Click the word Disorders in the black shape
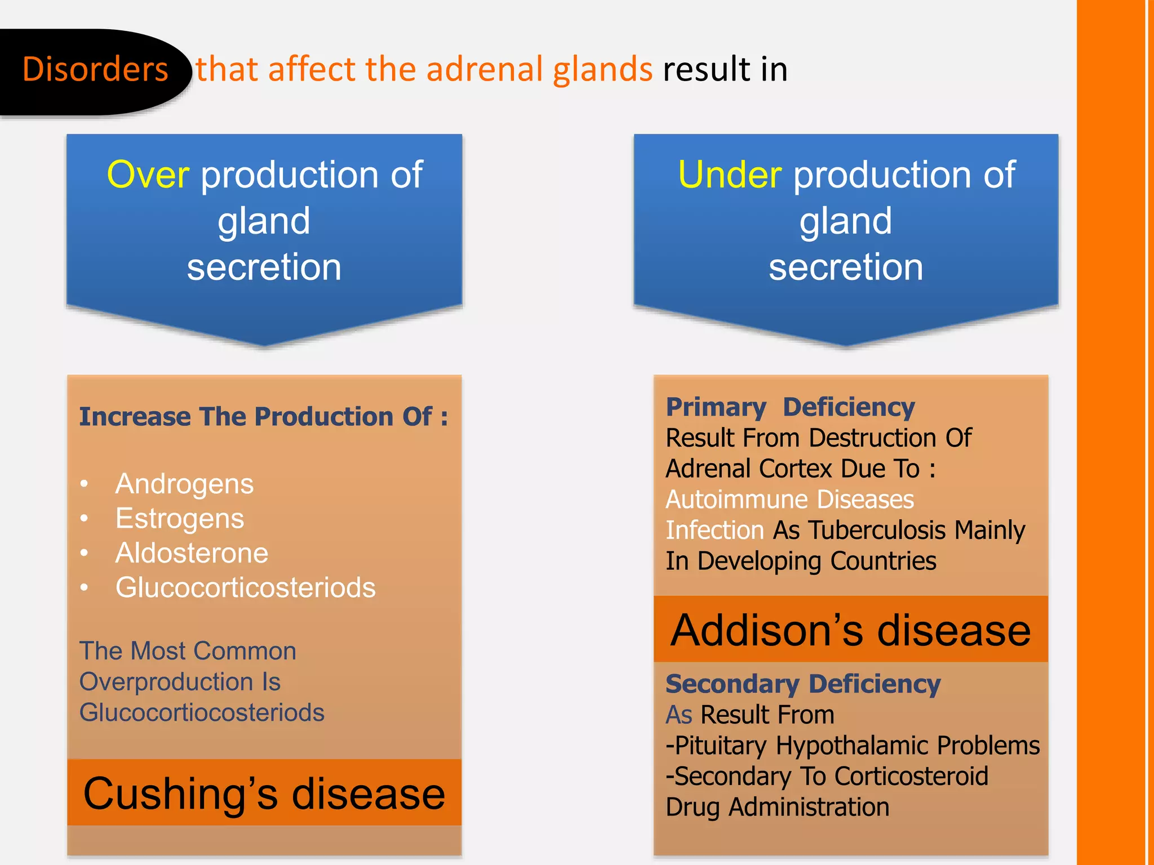[95, 69]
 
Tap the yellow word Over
[148, 175]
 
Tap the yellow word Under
[730, 175]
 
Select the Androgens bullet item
[184, 484]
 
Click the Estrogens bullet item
[179, 519]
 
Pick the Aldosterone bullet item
[192, 553]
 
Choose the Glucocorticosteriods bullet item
[245, 587]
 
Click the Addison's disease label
[850, 630]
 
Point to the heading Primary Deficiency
[790, 407]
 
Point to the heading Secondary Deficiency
[803, 684]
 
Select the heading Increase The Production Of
[263, 417]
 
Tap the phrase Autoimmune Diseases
[789, 500]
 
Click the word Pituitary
[721, 746]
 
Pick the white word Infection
[714, 530]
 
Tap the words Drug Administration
[777, 807]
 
